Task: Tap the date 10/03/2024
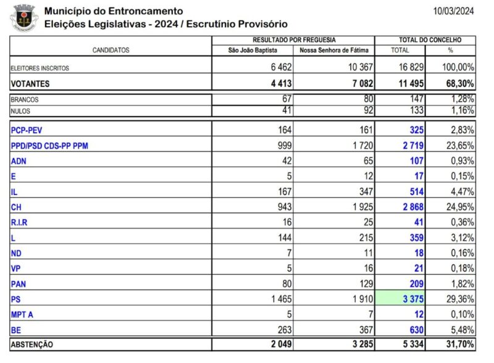point(454,10)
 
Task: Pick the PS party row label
point(17,299)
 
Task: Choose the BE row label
point(17,330)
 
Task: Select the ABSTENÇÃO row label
point(31,344)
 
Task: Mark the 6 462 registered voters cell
point(275,67)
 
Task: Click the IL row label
point(14,192)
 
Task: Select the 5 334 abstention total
point(411,344)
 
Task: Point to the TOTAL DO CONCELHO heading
point(426,40)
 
